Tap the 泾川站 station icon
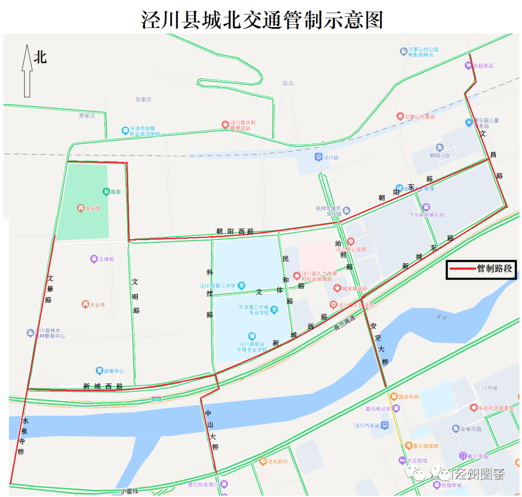pos(319,157)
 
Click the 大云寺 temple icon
pos(86,305)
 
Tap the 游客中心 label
pos(114,371)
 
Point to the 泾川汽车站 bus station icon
pos(384,426)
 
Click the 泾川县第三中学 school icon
pos(242,285)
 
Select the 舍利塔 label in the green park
pos(93,209)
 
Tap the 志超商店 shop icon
pos(469,65)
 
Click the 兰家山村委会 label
pos(420,116)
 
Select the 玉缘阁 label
pos(106,259)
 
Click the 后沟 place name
pos(288,84)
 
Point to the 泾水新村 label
pos(277,461)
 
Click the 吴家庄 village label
pos(144,99)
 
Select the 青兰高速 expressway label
pos(344,323)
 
